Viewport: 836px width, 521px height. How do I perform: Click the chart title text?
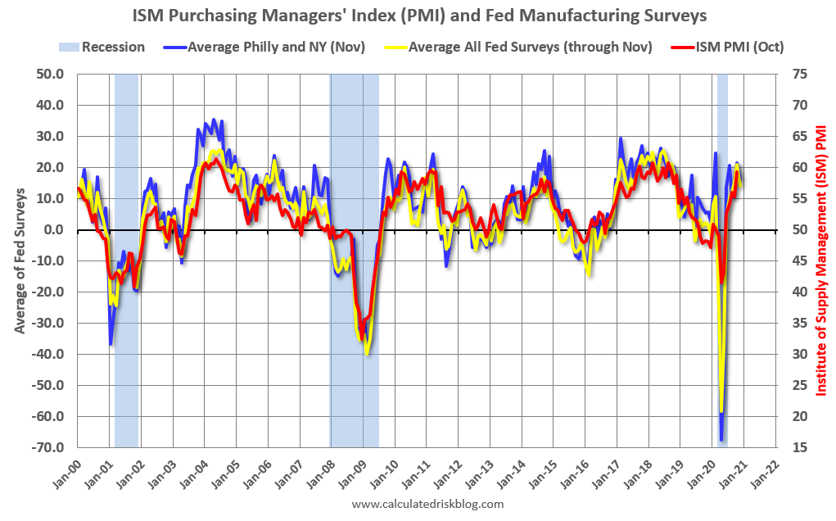click(418, 16)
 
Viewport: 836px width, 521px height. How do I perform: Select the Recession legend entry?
click(102, 47)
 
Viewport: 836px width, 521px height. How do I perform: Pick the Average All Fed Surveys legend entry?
click(520, 47)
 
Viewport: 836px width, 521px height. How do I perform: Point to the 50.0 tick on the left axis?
click(48, 74)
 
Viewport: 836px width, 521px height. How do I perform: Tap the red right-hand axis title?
click(821, 260)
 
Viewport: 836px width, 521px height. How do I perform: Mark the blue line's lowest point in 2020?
click(721, 440)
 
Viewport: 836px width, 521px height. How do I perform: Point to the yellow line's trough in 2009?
click(368, 354)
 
